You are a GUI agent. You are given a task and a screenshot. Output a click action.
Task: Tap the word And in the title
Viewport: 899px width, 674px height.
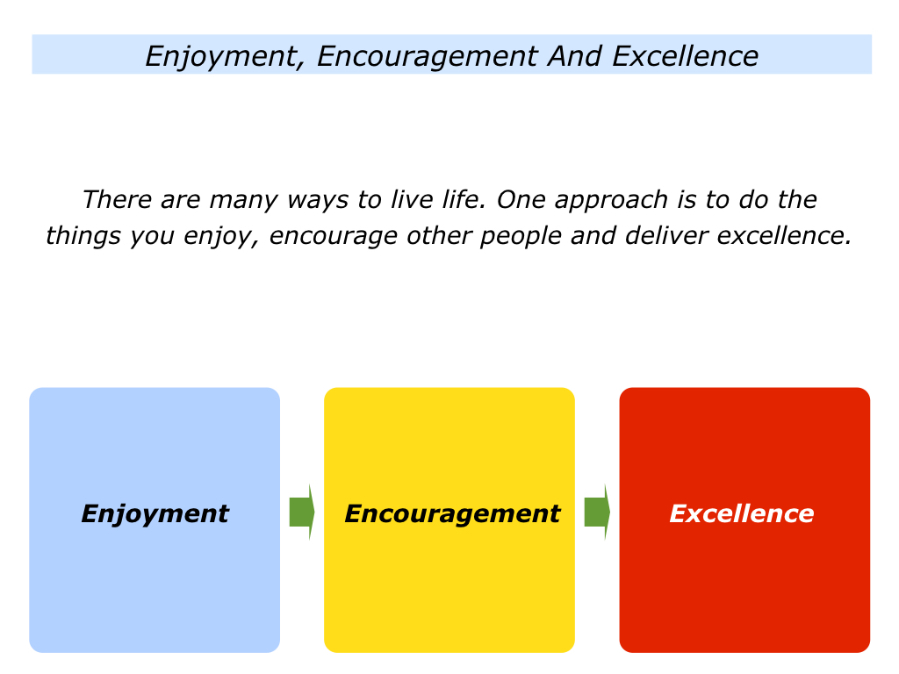click(575, 56)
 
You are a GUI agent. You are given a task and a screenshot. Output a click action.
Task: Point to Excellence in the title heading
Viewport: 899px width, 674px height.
click(685, 56)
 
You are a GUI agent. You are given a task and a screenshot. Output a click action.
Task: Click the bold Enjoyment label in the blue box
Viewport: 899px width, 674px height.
click(155, 513)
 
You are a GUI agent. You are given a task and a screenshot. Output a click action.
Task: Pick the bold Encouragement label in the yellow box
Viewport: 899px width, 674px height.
click(451, 513)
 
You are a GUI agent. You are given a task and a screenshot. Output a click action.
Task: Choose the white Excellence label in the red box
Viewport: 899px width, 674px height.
click(742, 513)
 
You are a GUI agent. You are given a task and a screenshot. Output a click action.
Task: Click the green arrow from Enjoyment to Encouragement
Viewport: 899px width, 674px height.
click(301, 512)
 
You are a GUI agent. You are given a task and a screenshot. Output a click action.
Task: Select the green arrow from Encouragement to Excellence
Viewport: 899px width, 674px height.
click(596, 512)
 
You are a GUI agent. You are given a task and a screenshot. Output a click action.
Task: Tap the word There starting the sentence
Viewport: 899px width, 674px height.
click(117, 200)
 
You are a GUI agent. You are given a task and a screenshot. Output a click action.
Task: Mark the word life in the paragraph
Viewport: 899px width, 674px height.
click(460, 200)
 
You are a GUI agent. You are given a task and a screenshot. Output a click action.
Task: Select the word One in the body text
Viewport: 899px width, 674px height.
click(516, 200)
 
